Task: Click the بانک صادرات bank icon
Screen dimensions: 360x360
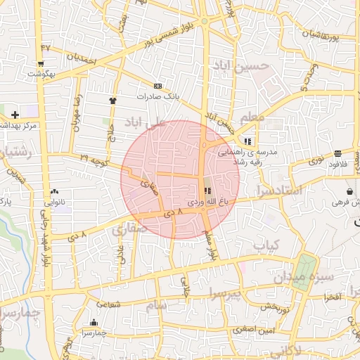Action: (x=157, y=86)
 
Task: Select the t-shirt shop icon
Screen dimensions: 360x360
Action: (x=112, y=101)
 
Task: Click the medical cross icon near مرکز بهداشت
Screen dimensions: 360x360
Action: (x=15, y=114)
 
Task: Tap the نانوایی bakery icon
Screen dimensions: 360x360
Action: (x=55, y=191)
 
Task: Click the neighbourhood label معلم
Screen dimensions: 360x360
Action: (x=252, y=116)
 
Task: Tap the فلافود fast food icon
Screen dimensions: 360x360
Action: (x=338, y=153)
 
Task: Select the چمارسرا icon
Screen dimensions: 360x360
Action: (x=93, y=323)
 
